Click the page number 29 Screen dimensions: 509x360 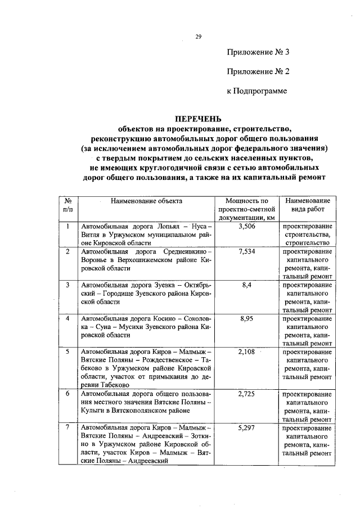coord(199,37)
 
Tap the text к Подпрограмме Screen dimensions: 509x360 coord(257,91)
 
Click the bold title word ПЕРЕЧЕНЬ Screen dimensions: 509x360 coord(198,119)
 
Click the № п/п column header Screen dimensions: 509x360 coord(67,205)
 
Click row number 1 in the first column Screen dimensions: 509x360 coord(67,227)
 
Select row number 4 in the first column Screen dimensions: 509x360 coord(67,318)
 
